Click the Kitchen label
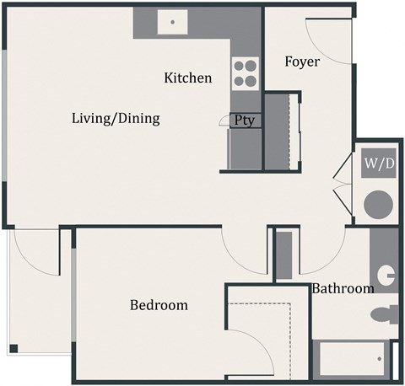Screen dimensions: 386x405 pyautogui.click(x=187, y=78)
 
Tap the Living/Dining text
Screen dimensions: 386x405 pyautogui.click(x=116, y=118)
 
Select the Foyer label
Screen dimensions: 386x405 pyautogui.click(x=301, y=62)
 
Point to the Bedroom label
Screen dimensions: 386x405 pyautogui.click(x=159, y=305)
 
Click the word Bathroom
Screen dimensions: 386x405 pyautogui.click(x=343, y=288)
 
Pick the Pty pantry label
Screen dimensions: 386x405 pyautogui.click(x=245, y=121)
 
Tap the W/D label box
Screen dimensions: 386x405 pyautogui.click(x=379, y=163)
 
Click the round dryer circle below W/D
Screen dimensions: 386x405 pyautogui.click(x=379, y=205)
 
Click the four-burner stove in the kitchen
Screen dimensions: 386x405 pyautogui.click(x=245, y=73)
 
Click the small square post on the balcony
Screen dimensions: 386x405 pyautogui.click(x=13, y=348)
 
